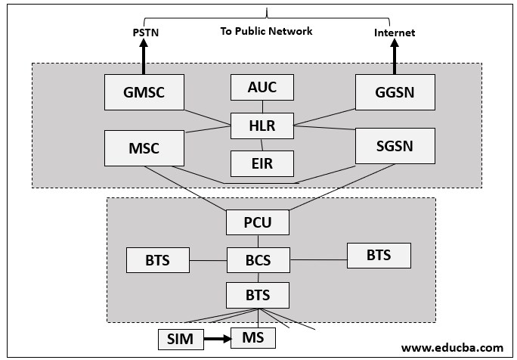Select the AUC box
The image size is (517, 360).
click(262, 88)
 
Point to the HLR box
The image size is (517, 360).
click(262, 126)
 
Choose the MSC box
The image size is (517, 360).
click(144, 147)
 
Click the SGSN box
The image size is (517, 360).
click(394, 146)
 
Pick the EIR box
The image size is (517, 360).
click(262, 161)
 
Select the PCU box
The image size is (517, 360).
click(258, 222)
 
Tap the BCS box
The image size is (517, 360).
click(258, 261)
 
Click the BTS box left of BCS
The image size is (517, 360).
click(158, 261)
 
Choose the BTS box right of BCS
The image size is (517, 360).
click(379, 255)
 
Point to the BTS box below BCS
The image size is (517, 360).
click(258, 293)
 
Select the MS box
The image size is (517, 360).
click(253, 337)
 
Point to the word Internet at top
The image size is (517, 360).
click(395, 33)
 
